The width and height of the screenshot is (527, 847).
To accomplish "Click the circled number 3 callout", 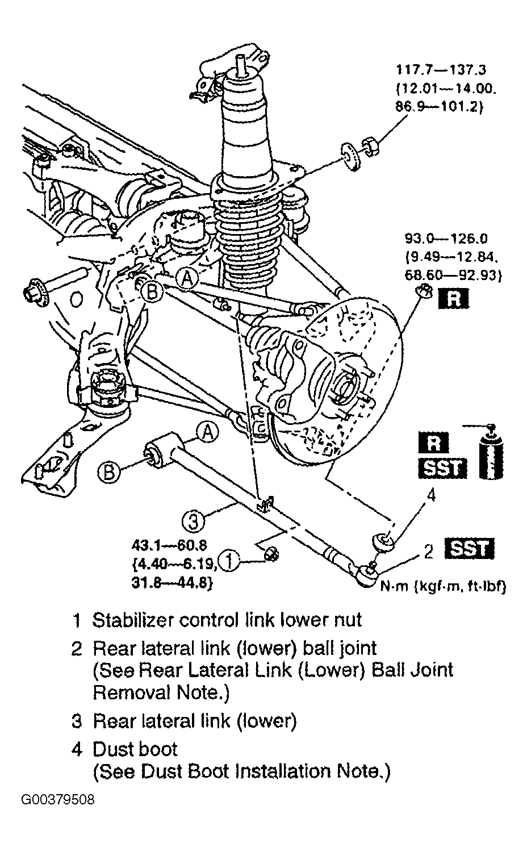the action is (193, 522).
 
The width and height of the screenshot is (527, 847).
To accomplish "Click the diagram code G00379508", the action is (58, 800).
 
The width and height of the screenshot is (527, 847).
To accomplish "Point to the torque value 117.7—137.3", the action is (441, 69).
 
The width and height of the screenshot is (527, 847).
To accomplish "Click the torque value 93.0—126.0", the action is (446, 239).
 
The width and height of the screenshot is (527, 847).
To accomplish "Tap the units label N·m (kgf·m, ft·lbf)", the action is (443, 586).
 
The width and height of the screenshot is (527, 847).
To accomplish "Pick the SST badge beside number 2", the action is (469, 549).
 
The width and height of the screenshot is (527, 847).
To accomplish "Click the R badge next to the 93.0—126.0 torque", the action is (453, 299).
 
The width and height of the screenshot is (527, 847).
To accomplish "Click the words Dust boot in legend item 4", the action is (135, 749).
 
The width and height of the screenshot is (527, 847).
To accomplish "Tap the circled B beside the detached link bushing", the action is (109, 472).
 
